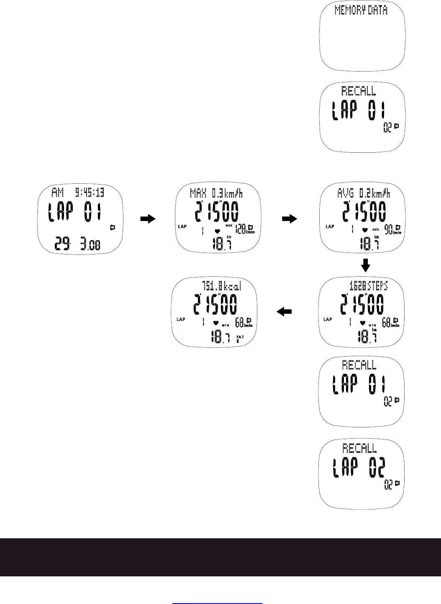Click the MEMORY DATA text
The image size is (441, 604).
coord(361,10)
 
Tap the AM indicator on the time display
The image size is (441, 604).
coord(57,193)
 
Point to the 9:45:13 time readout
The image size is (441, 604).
coord(90,193)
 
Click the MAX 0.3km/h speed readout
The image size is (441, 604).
coord(216,193)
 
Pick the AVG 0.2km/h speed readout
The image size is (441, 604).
coord(364,193)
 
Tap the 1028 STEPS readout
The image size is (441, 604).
coord(369,285)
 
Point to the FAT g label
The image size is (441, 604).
coord(240,338)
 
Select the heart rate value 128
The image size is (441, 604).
coord(241,229)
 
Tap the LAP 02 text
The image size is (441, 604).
coord(359,468)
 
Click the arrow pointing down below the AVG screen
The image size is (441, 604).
coord(366,265)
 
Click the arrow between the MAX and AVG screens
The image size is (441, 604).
coord(289,218)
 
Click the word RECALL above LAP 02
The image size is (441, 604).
coord(359,448)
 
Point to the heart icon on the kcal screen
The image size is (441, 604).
coord(216,323)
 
